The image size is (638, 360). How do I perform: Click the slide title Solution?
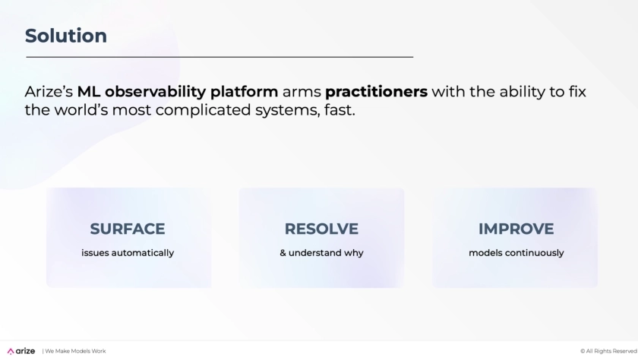tap(66, 36)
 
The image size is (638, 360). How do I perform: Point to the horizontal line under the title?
tap(220, 57)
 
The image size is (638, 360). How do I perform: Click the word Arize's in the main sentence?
tap(49, 92)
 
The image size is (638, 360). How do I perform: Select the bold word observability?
tap(156, 92)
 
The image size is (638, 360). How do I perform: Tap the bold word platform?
tap(244, 92)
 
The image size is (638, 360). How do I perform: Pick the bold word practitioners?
tap(377, 92)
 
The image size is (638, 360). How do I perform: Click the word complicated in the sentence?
tap(203, 110)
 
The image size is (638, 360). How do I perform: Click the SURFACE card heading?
tap(128, 229)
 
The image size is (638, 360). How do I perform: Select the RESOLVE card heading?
tap(321, 229)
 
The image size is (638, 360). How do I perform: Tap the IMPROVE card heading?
tap(516, 229)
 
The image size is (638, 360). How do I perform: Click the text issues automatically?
tap(128, 253)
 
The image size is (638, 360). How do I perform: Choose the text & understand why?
tap(321, 253)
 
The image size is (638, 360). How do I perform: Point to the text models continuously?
tap(516, 253)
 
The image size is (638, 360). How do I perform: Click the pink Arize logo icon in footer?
tap(11, 351)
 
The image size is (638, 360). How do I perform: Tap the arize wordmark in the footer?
tap(25, 351)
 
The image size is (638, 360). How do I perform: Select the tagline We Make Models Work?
tap(75, 351)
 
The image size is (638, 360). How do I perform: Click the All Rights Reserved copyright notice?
tap(608, 351)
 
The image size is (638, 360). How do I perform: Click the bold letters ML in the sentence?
tap(89, 92)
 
